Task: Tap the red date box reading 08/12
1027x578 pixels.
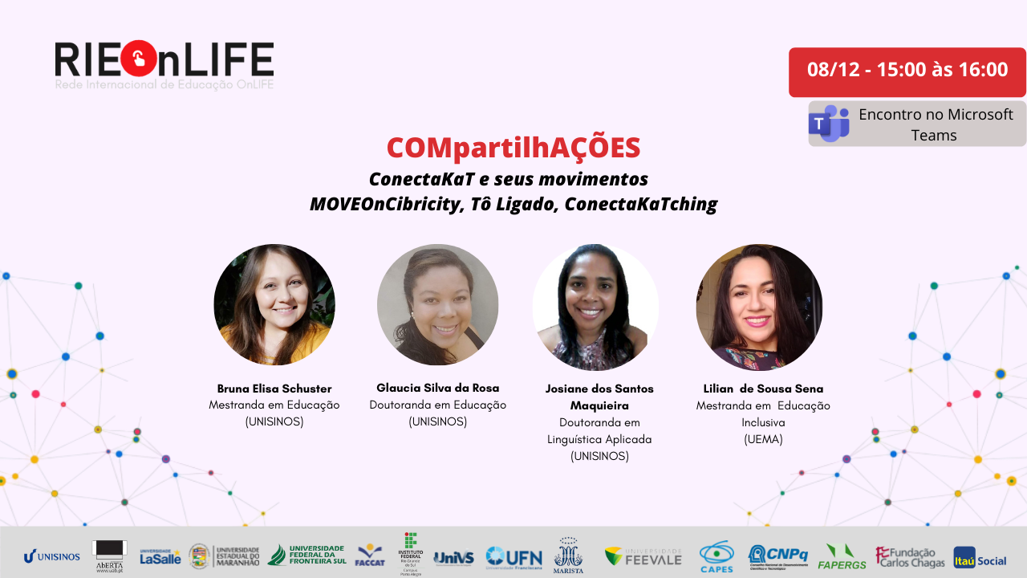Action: tap(907, 71)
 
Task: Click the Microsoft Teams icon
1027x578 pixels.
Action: tap(829, 124)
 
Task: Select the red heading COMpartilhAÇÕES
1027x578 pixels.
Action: tap(513, 148)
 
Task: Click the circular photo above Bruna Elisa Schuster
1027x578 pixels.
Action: tap(274, 305)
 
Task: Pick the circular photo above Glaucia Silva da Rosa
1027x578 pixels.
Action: tap(438, 305)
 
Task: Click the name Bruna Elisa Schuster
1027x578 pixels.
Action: tap(274, 389)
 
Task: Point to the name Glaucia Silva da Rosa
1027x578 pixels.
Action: tap(438, 388)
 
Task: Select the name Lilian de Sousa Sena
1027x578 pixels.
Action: tap(763, 389)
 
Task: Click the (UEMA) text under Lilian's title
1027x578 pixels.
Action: tap(762, 439)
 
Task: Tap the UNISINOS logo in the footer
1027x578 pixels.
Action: tap(52, 556)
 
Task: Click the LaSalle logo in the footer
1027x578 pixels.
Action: tap(160, 556)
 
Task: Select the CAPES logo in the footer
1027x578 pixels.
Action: tap(716, 556)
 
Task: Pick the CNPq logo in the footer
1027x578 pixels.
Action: tap(777, 555)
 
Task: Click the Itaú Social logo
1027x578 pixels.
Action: tap(980, 557)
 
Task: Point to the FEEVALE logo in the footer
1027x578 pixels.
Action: tap(643, 556)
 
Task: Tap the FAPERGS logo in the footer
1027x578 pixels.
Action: tap(841, 556)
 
